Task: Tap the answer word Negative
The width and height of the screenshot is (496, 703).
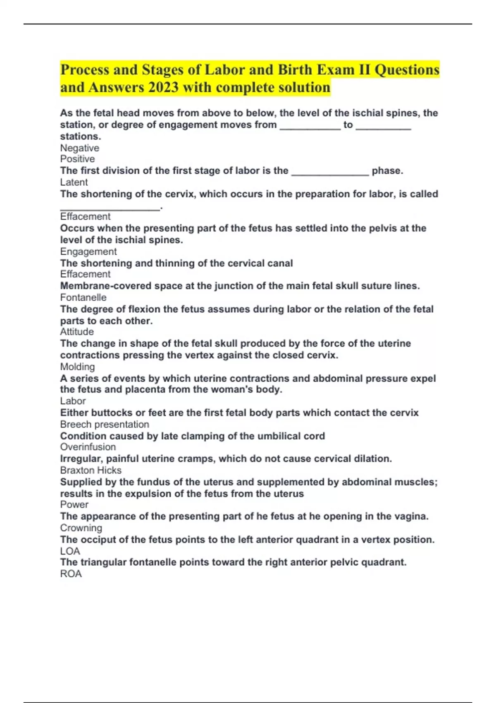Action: (x=80, y=148)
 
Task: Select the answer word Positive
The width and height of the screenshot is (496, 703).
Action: (x=77, y=159)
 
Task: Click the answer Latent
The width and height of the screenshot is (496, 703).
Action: (x=74, y=182)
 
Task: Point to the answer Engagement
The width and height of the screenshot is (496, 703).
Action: (x=88, y=251)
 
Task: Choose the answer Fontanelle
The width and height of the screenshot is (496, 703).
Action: (x=83, y=297)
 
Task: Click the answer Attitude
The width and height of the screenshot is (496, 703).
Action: (x=77, y=332)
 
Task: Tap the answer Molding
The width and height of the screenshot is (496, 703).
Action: (x=77, y=367)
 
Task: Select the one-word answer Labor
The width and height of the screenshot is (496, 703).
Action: (x=73, y=401)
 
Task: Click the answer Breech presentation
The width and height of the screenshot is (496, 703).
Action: (x=105, y=424)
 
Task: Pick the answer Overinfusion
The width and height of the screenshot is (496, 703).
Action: (x=88, y=447)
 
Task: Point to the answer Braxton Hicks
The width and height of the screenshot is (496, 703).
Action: (x=91, y=470)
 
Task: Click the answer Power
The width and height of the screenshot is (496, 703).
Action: (x=74, y=505)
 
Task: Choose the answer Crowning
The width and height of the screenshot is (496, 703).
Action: (x=81, y=528)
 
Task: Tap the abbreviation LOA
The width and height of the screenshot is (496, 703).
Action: (x=70, y=551)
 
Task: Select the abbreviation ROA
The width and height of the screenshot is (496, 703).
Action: (x=71, y=574)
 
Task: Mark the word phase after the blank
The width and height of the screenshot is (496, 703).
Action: (x=387, y=171)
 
